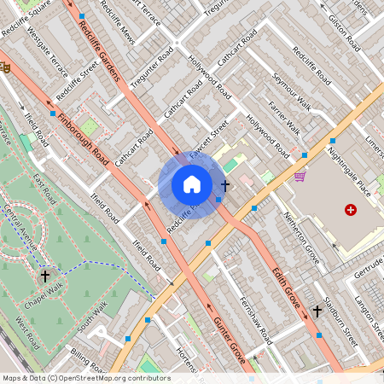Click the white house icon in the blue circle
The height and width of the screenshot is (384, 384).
click(192, 184)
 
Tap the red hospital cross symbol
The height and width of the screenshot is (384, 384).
click(350, 209)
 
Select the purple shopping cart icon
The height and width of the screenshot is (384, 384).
click(300, 177)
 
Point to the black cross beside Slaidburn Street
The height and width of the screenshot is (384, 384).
click(317, 311)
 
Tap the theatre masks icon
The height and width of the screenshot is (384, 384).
click(4, 66)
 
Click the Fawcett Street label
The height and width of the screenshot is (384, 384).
click(209, 137)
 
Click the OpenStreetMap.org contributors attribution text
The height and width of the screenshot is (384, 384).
click(110, 378)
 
